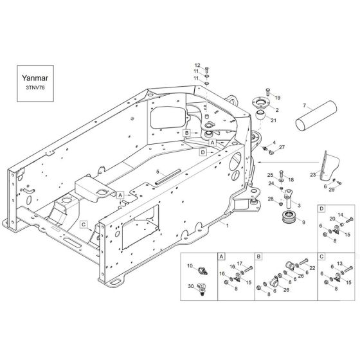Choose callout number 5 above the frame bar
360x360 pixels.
coord(157,172)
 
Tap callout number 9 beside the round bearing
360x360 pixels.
coord(303,222)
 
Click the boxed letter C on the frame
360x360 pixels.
coord(84,224)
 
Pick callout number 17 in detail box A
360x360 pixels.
coord(240,264)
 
